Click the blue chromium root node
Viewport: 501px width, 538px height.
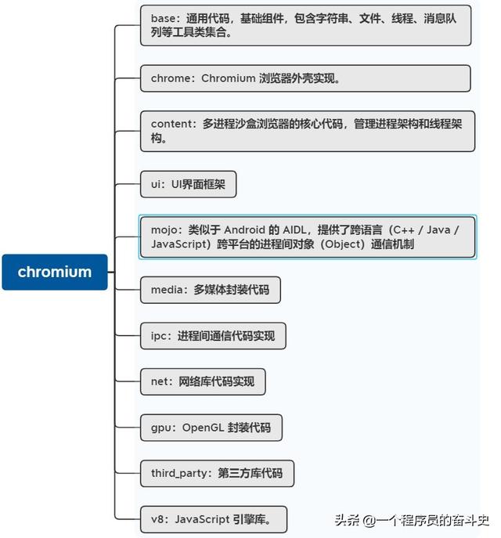coord(55,272)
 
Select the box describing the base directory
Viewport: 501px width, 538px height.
coord(305,25)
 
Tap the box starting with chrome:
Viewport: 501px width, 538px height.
coord(305,78)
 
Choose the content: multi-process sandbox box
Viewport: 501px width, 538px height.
coord(308,131)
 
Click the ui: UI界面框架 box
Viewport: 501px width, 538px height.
coord(188,184)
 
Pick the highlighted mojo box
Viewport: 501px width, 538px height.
coord(308,237)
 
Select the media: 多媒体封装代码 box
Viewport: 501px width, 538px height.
coord(211,290)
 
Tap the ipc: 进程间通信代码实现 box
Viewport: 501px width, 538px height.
coord(213,336)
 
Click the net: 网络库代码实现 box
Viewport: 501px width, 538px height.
coord(203,381)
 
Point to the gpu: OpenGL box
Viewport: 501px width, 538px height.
coord(211,428)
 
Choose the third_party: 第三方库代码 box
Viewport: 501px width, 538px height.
coord(217,474)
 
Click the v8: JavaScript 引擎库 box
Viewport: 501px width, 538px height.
coord(214,519)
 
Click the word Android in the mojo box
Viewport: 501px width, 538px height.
coord(244,229)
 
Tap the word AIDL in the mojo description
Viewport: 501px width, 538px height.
coord(297,229)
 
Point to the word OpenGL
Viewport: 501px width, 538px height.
coord(203,428)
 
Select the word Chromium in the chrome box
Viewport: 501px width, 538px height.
coord(228,78)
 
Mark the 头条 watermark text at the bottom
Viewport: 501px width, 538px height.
coord(347,520)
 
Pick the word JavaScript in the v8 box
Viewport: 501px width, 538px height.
coord(202,519)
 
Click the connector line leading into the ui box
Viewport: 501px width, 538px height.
coord(128,184)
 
